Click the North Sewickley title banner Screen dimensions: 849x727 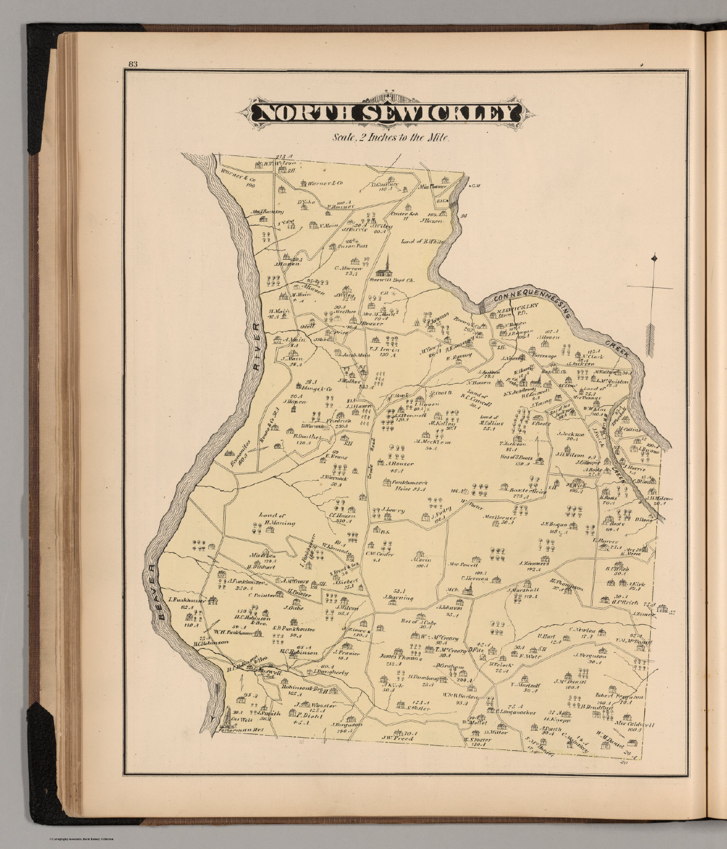click(x=385, y=113)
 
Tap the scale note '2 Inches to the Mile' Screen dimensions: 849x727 click(x=392, y=138)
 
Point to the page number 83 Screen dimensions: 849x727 click(x=132, y=63)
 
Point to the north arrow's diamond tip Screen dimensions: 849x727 click(x=655, y=258)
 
